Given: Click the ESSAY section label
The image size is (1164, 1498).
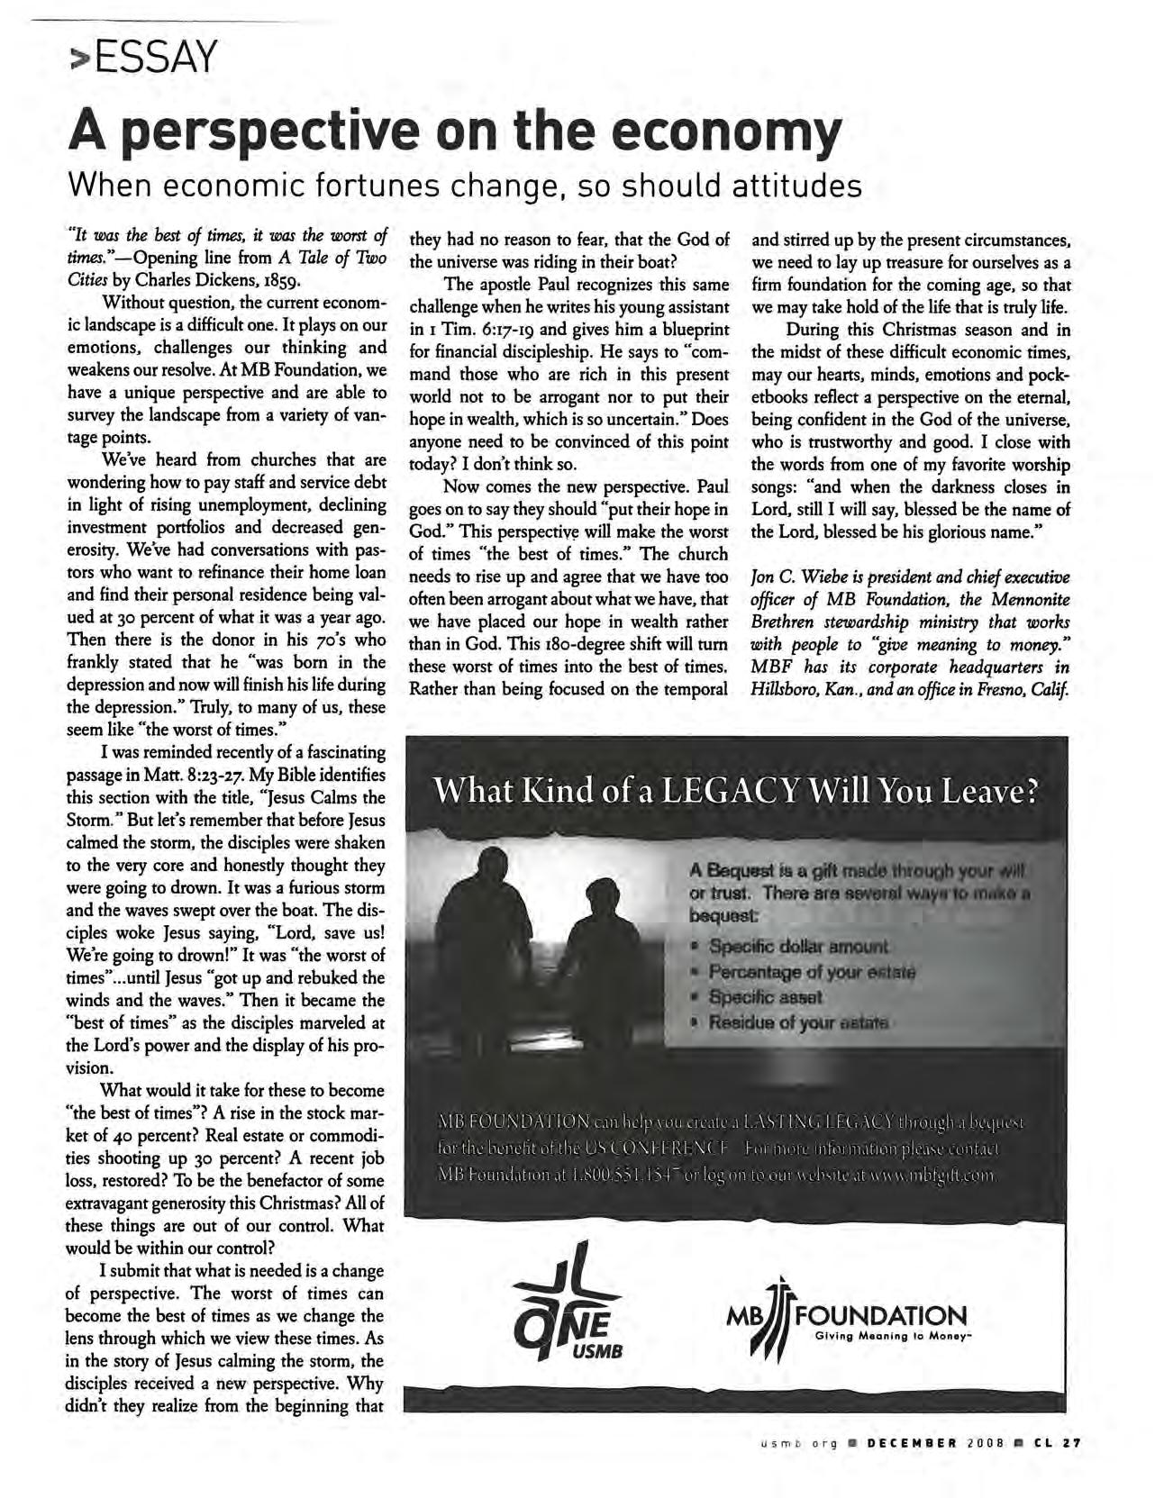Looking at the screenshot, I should point(145,59).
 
